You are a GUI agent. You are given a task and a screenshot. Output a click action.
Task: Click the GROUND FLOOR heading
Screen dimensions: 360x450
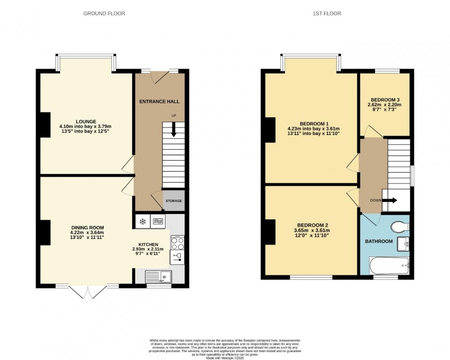tap(104, 14)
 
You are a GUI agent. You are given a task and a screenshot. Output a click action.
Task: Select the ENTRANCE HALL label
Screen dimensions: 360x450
tap(159, 101)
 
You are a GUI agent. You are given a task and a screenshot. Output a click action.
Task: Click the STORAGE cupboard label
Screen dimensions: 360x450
tap(173, 201)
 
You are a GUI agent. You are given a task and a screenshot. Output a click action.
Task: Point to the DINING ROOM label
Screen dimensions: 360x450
tap(87, 228)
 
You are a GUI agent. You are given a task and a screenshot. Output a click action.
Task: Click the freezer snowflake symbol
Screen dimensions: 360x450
tap(142, 221)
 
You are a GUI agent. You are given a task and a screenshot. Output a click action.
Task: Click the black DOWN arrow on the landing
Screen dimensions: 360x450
tap(389, 200)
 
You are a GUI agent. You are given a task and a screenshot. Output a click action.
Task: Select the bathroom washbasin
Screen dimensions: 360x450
tap(403, 243)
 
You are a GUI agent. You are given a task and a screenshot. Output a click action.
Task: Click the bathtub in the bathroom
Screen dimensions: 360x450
tap(390, 266)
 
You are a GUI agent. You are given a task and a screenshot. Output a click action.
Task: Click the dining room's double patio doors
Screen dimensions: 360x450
tap(87, 291)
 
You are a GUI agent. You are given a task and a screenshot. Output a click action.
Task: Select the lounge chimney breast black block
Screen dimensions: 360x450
tap(45, 125)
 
